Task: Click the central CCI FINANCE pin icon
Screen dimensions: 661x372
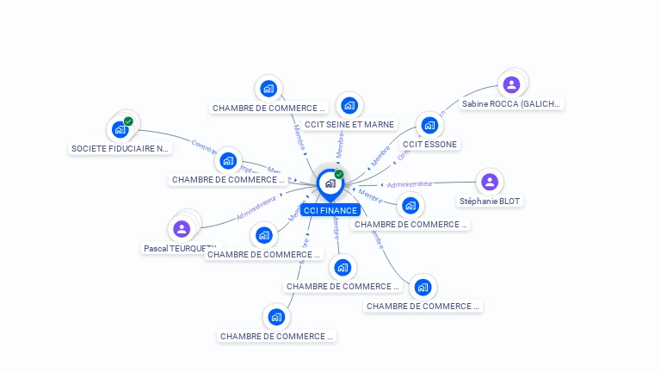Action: (329, 183)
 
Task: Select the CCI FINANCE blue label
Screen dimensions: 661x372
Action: (330, 210)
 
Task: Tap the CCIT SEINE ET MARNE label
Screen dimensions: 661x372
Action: (349, 125)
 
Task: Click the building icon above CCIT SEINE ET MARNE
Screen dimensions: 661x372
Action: (349, 105)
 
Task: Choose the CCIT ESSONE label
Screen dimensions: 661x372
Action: (429, 144)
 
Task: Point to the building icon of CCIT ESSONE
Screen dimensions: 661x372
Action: (429, 125)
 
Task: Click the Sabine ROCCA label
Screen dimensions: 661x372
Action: (511, 104)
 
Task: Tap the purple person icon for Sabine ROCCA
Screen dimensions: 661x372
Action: (511, 84)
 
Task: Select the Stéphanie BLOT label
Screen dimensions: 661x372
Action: (490, 201)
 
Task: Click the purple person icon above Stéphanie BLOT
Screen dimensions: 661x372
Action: (490, 182)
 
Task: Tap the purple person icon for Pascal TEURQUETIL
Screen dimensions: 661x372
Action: (182, 228)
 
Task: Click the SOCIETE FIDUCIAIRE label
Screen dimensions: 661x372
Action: (120, 148)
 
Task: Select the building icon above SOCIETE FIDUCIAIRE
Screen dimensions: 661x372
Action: (120, 130)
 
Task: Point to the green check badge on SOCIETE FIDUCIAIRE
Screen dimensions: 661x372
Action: (128, 121)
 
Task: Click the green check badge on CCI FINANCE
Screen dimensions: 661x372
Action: (339, 174)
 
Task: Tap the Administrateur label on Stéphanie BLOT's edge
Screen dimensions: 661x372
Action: (410, 184)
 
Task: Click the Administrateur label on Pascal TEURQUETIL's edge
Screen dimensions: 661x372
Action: (256, 208)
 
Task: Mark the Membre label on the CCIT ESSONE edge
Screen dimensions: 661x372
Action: (380, 157)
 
